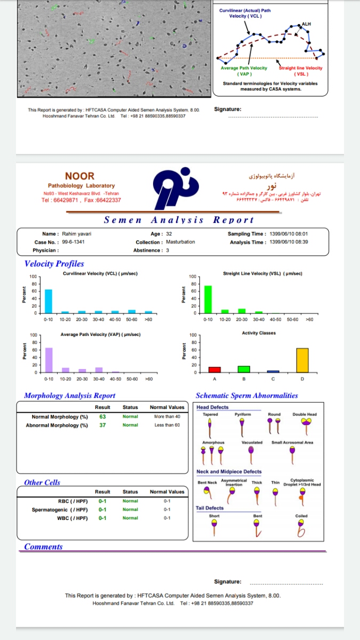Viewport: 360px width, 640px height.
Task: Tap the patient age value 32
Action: [x=169, y=234]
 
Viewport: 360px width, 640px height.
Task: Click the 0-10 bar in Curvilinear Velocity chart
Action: [x=49, y=301]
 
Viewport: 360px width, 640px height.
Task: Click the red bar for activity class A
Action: [x=214, y=369]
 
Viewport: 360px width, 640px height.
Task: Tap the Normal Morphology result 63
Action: [x=102, y=417]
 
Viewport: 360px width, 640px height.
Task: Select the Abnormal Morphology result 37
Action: [x=102, y=425]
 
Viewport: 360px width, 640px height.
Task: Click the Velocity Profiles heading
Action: [x=54, y=263]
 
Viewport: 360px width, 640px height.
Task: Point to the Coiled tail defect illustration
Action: [x=301, y=528]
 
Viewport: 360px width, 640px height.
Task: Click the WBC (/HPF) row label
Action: [x=73, y=518]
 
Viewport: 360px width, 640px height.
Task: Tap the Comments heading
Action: [x=43, y=547]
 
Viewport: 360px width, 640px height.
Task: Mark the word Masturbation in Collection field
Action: [x=180, y=242]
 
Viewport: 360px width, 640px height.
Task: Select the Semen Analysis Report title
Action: [x=179, y=220]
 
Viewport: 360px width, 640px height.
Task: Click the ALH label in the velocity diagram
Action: [x=306, y=24]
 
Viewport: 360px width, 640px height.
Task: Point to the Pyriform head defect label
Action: [x=243, y=414]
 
